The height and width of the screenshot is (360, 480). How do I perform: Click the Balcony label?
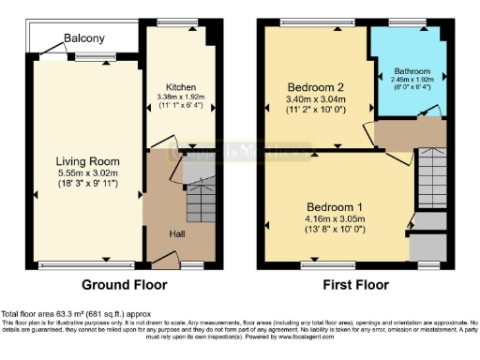pyautogui.click(x=84, y=39)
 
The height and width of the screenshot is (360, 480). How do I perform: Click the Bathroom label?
pyautogui.click(x=411, y=70)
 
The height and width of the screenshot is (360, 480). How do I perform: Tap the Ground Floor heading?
pyautogui.click(x=125, y=284)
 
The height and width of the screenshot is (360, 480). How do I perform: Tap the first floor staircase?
pyautogui.click(x=430, y=178)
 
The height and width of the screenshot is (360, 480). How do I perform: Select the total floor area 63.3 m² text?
pyautogui.click(x=69, y=312)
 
